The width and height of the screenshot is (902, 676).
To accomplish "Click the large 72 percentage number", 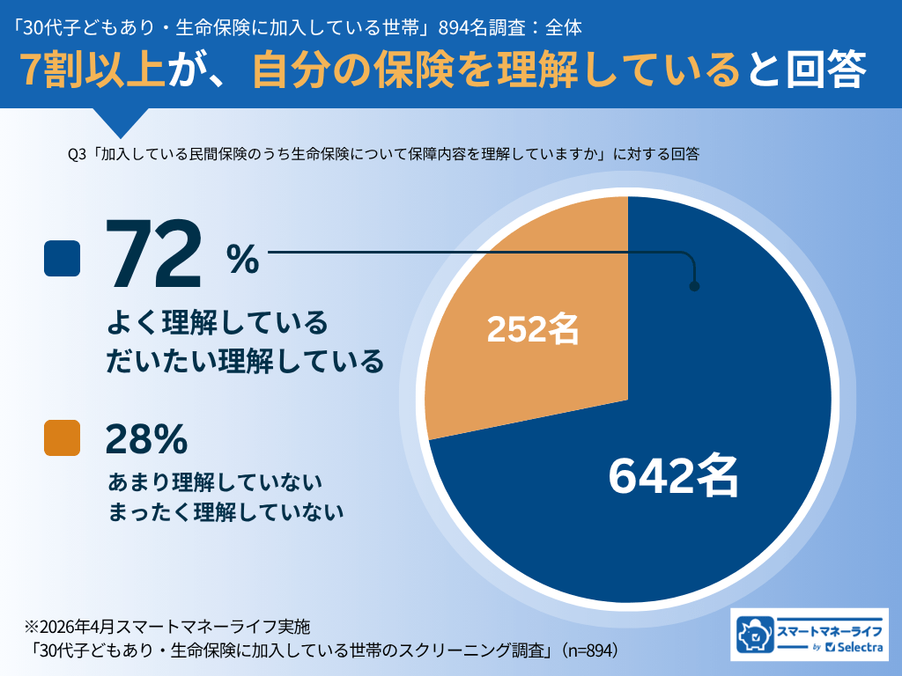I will tap(155, 256).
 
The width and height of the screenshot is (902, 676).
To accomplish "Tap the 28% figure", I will tap(146, 437).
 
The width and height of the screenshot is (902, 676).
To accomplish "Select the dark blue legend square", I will tap(63, 258).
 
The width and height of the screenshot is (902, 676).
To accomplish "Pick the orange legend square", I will tap(63, 437).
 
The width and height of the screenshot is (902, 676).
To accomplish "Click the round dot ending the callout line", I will tap(694, 286).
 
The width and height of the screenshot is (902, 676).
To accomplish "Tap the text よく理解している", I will tap(217, 323).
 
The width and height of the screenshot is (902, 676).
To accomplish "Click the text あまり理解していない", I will tap(215, 482).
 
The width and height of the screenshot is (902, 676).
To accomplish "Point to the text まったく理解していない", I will tap(225, 512).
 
